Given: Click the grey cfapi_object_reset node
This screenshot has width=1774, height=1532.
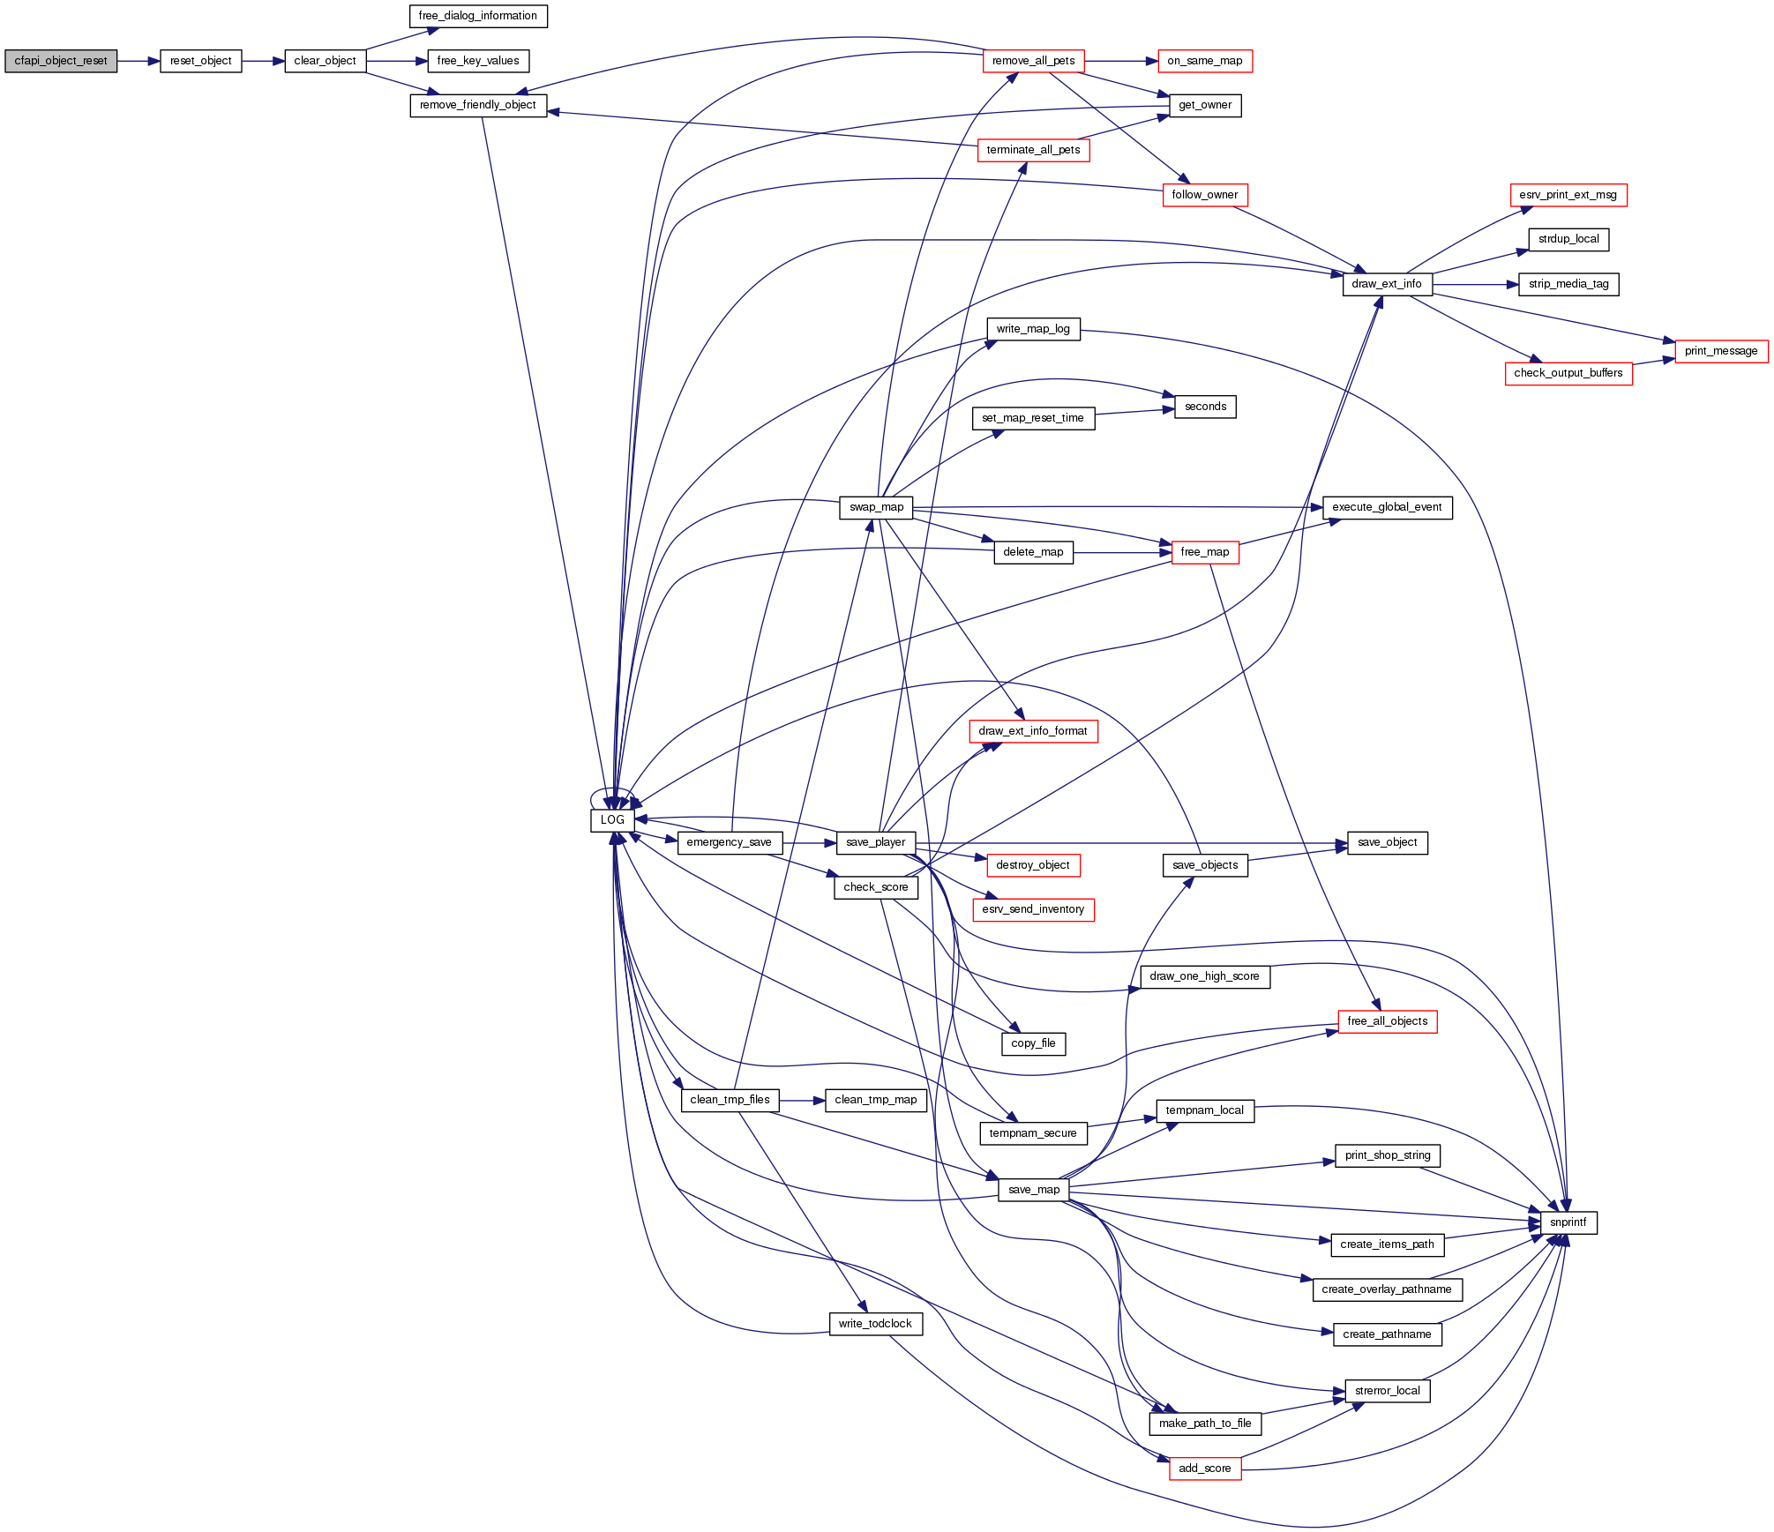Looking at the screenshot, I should [x=61, y=61].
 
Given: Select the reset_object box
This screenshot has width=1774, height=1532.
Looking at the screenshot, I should [x=200, y=61].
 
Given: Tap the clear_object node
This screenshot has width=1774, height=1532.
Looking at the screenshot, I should [x=325, y=61].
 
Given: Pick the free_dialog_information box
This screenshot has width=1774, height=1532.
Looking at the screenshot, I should [x=478, y=16].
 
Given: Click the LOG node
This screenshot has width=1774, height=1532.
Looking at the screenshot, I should [x=612, y=819].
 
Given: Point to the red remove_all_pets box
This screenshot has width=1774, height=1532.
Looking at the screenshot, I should [x=1033, y=61].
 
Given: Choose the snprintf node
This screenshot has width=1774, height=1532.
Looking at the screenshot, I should [x=1568, y=1222].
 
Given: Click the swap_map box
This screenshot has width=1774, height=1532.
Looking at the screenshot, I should [x=876, y=507].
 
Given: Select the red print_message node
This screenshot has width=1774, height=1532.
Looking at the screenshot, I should [x=1720, y=351].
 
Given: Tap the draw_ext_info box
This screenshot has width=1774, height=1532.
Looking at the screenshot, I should [x=1387, y=284].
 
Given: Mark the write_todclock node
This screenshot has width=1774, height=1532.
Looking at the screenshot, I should [x=875, y=1324].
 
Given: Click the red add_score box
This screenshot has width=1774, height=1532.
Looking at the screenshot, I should [x=1204, y=1468].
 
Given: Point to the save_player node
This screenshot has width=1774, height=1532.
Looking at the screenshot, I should [x=875, y=842].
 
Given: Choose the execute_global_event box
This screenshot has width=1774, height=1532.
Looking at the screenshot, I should [x=1387, y=507].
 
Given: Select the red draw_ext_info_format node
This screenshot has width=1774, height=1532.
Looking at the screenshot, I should [x=1032, y=731].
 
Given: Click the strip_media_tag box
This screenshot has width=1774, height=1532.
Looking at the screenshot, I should [x=1568, y=284].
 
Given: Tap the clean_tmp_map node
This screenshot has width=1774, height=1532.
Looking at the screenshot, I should [x=875, y=1100].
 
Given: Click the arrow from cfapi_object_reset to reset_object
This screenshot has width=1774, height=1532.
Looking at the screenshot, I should [x=138, y=61].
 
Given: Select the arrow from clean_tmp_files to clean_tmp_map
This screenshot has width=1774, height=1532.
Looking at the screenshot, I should [x=802, y=1100].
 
